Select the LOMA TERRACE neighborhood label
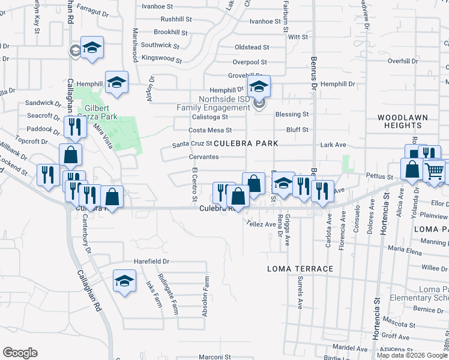300,269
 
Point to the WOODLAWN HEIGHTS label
400,121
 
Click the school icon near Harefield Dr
124,280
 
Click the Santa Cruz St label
192,144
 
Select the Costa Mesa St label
210,130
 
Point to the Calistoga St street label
193,118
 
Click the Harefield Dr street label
152,262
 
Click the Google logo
20,353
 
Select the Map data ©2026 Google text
412,355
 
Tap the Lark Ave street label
333,145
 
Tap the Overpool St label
250,62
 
